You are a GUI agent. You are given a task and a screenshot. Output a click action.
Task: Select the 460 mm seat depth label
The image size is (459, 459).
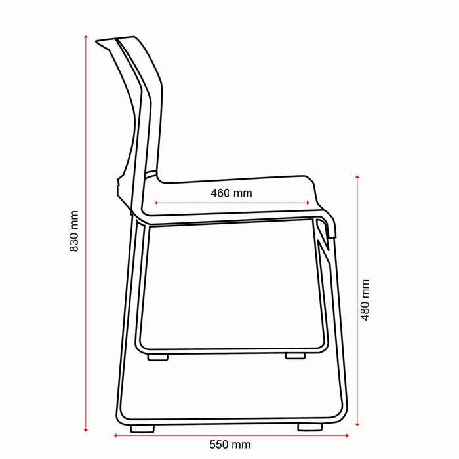(231, 193)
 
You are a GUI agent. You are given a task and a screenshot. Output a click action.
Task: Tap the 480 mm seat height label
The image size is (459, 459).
(366, 300)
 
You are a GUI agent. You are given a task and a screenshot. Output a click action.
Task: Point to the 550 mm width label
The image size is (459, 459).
(229, 444)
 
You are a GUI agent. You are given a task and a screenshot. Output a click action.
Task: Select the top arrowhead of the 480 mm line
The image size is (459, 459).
(357, 178)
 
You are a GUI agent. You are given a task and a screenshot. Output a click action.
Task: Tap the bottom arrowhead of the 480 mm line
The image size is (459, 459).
(357, 424)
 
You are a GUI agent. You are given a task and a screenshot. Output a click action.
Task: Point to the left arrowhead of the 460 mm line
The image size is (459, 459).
(156, 203)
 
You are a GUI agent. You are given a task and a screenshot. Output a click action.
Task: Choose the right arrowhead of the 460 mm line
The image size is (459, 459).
(308, 203)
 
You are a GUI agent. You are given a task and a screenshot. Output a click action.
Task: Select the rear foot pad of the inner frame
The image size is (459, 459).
(157, 357)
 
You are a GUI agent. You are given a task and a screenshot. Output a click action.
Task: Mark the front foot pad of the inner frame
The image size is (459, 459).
(295, 357)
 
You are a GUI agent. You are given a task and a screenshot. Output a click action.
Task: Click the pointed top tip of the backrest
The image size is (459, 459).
(98, 41)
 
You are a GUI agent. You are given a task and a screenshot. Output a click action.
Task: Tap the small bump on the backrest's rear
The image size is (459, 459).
(117, 181)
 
